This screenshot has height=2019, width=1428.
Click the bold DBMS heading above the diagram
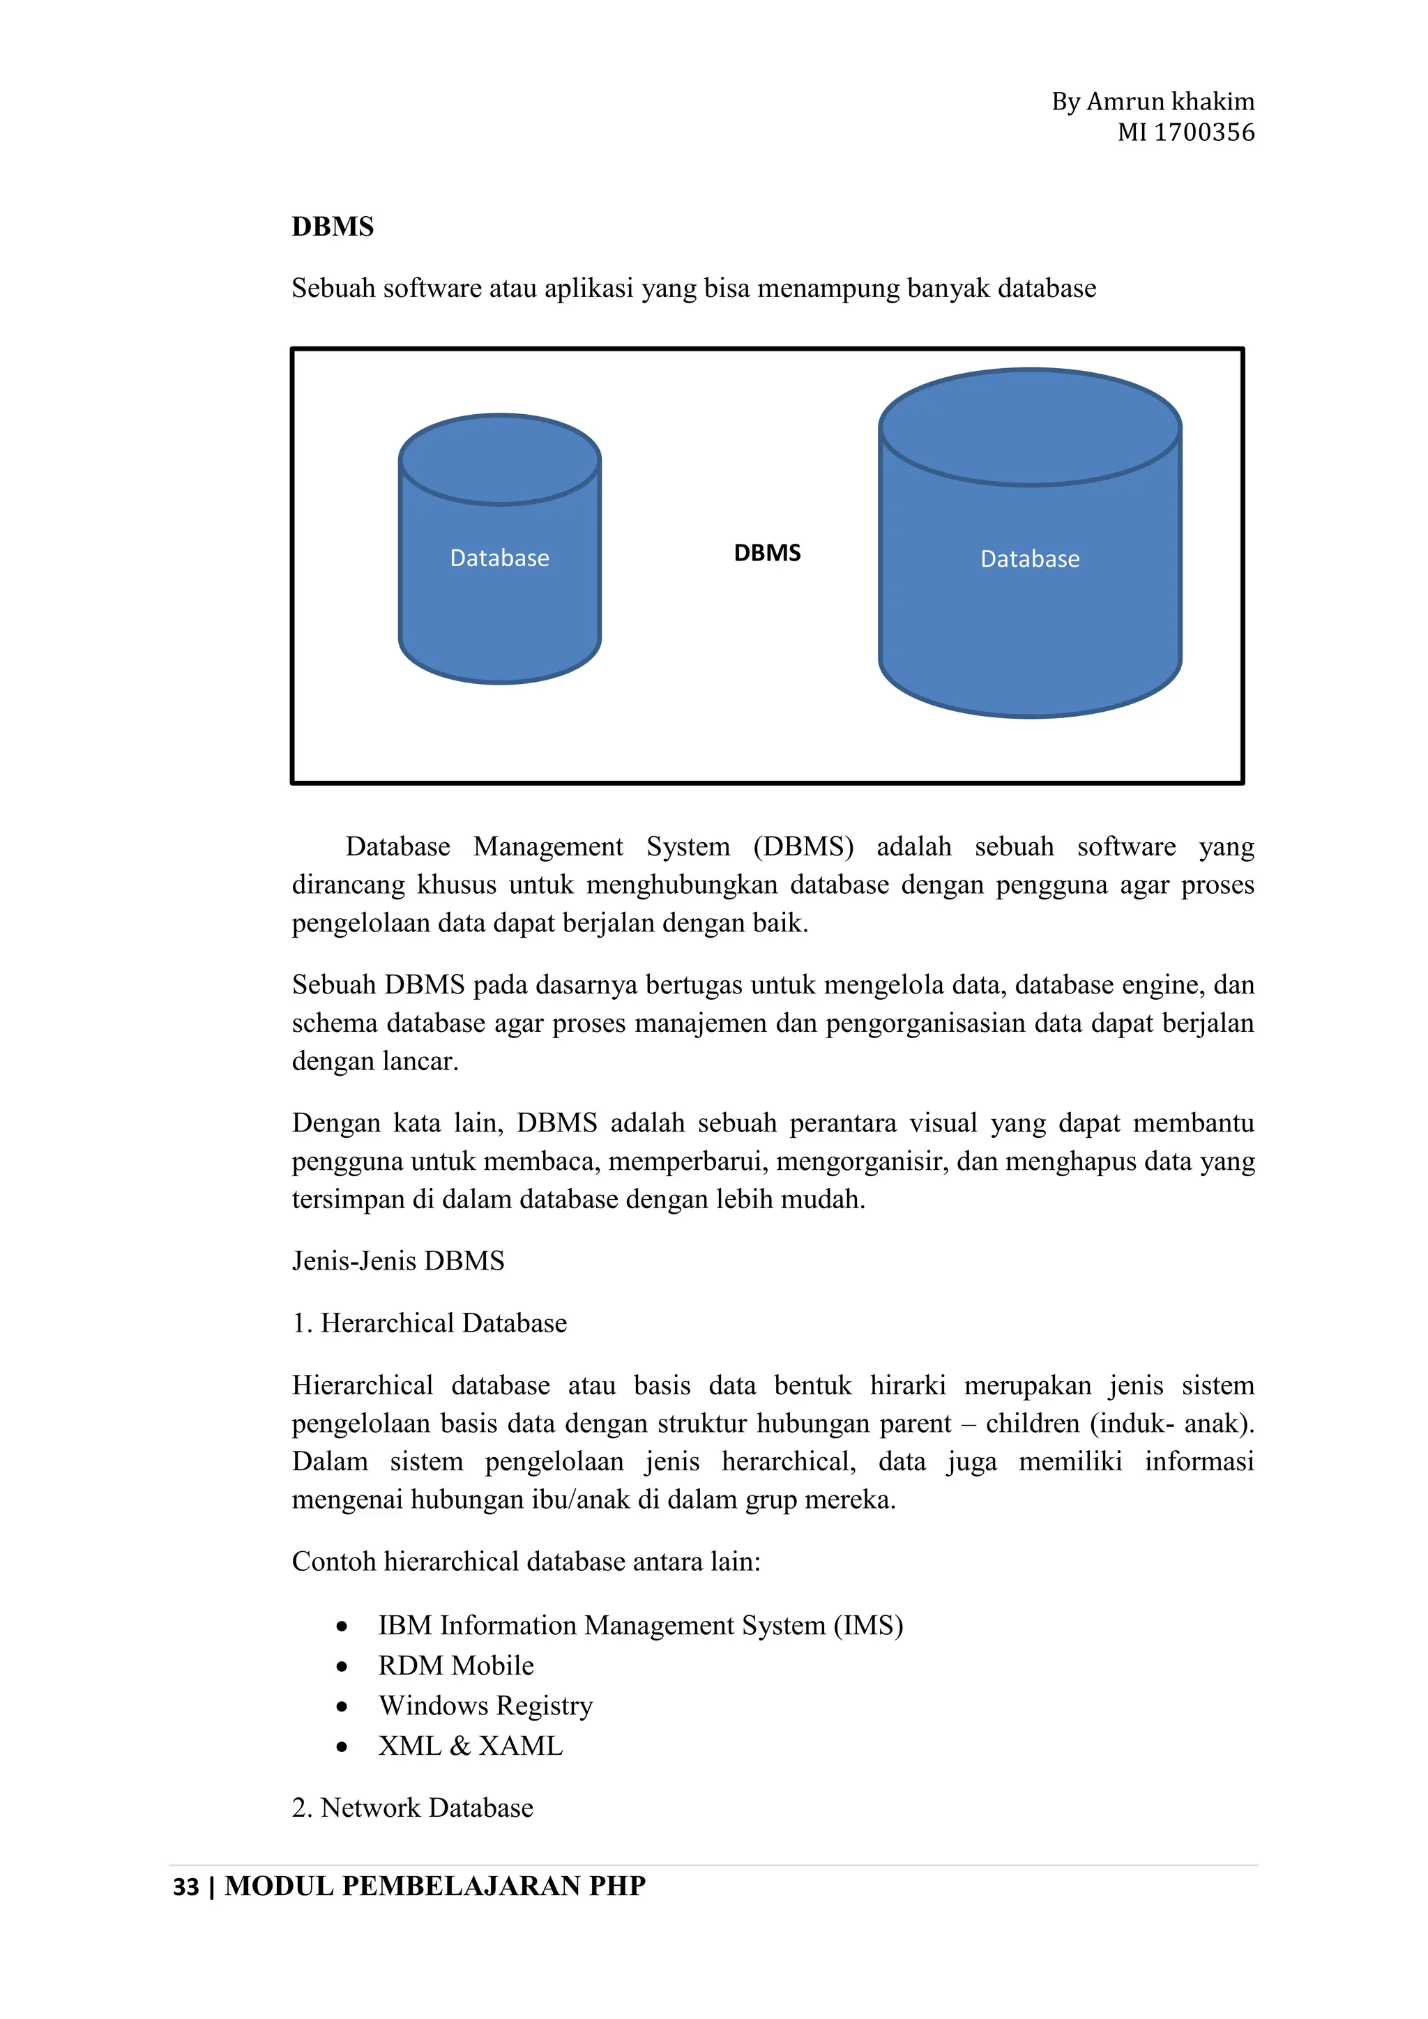333,227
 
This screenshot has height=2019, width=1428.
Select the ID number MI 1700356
1185,132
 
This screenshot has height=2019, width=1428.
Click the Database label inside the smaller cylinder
499,558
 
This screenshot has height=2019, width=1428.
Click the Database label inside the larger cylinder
1030,559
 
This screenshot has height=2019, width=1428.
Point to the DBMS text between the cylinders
767,553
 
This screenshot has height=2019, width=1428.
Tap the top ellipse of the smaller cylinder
499,459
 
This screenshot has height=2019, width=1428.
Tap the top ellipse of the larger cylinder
1030,427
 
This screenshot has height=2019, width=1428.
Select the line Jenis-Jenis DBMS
397,1261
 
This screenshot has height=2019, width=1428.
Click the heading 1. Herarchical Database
429,1323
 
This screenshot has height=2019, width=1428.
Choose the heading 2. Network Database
412,1808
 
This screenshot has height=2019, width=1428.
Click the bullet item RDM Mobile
455,1666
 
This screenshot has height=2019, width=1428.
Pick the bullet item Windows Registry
485,1706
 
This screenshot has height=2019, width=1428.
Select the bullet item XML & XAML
471,1746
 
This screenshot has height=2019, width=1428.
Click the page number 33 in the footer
185,1887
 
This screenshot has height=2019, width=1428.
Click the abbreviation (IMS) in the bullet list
868,1626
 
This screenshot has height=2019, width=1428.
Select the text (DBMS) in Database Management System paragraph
803,847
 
